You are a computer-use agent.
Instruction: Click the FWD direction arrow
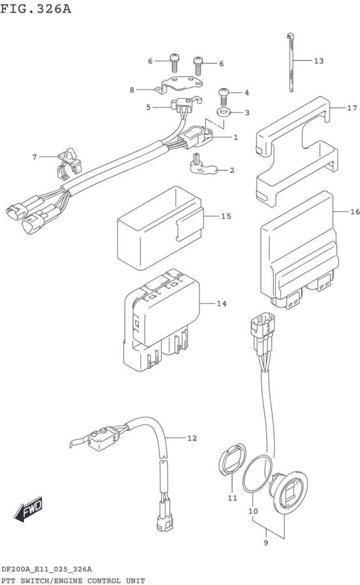pyautogui.click(x=29, y=509)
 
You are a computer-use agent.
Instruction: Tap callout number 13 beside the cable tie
pyautogui.click(x=319, y=61)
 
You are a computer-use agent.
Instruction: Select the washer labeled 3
pyautogui.click(x=223, y=112)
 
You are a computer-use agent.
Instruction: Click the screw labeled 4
pyautogui.click(x=223, y=97)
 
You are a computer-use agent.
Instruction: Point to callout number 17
pyautogui.click(x=352, y=108)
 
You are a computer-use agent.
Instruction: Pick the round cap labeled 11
pyautogui.click(x=231, y=459)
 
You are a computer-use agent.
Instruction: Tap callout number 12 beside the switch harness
pyautogui.click(x=192, y=438)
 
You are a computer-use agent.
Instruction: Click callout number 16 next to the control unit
pyautogui.click(x=355, y=212)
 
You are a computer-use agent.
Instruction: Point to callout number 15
pyautogui.click(x=226, y=216)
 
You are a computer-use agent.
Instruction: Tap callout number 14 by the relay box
pyautogui.click(x=222, y=304)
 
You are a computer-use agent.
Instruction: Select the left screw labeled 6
pyautogui.click(x=175, y=63)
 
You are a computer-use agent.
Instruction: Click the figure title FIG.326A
pyautogui.click(x=35, y=8)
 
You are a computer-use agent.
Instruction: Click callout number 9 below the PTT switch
pyautogui.click(x=266, y=543)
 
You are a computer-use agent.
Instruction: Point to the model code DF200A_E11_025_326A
pyautogui.click(x=47, y=570)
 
